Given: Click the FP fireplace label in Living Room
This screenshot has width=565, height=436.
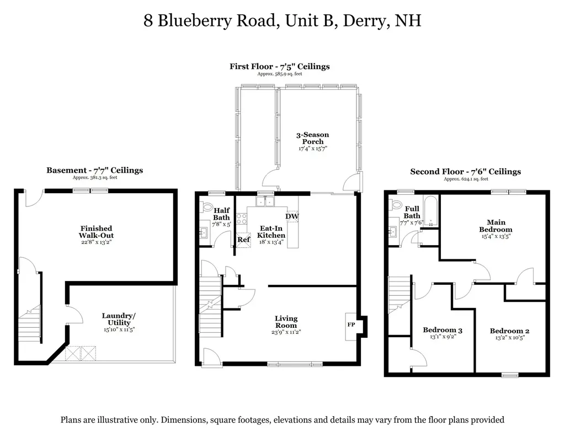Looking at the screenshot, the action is [351, 325].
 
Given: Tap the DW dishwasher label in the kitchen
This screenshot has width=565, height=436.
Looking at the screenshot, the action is [292, 216].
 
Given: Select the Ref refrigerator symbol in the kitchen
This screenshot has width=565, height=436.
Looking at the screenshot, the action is [243, 240].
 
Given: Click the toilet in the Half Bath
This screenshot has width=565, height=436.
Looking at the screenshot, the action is [207, 206].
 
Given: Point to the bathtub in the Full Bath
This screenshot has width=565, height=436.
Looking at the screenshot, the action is [430, 211].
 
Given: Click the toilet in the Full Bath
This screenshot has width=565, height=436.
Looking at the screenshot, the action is [396, 205].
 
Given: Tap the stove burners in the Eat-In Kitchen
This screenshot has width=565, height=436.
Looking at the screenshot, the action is [242, 219].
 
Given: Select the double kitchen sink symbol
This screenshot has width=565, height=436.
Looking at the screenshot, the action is [265, 201].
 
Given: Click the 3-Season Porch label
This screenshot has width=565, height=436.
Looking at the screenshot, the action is [313, 138].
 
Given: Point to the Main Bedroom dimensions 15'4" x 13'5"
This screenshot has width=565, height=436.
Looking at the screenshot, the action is [496, 236].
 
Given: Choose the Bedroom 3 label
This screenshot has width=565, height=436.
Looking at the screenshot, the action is [443, 330].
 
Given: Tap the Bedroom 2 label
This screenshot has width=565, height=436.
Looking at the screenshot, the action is [509, 331].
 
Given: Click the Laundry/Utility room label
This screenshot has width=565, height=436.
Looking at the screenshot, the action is [119, 319].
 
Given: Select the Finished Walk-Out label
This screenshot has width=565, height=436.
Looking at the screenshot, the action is [96, 232].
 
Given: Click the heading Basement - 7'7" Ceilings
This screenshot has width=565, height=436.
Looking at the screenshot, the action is [95, 170].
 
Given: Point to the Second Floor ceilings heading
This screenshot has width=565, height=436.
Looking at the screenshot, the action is [466, 172].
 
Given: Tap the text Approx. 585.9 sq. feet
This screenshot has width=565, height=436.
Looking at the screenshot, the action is [280, 74].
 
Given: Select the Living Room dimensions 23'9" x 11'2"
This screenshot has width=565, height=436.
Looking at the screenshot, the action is [286, 332].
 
